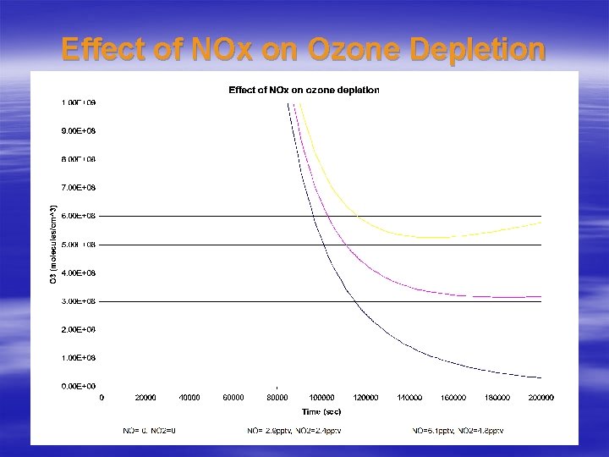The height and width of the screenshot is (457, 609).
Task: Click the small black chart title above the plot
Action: coord(304,90)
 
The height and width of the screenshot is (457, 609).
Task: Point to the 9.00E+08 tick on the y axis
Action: coord(78,130)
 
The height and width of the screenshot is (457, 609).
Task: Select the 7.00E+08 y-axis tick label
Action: coord(78,187)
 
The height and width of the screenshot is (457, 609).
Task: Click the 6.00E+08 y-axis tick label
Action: coord(78,216)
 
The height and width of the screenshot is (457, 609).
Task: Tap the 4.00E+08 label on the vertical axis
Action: coord(78,273)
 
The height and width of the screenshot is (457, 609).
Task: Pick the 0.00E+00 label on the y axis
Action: coord(78,386)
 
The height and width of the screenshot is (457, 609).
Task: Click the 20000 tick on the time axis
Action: coord(145,397)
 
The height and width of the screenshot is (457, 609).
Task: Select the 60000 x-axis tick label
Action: coord(233,397)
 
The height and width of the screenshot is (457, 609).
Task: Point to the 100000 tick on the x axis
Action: coord(321,397)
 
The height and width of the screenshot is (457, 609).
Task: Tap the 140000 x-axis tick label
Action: coord(409,397)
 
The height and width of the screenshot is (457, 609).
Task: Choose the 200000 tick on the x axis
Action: coord(540,397)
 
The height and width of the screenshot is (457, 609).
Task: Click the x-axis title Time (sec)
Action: coord(321,411)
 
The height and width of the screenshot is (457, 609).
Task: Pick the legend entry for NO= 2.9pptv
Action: coord(295,431)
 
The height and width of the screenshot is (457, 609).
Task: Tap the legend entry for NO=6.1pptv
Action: coord(458,431)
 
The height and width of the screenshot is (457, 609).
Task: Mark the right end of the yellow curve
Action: coord(540,223)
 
